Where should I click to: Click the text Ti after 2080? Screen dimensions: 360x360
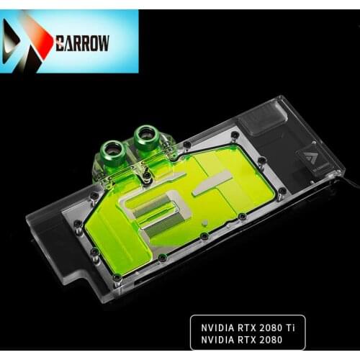pos(289,322)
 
